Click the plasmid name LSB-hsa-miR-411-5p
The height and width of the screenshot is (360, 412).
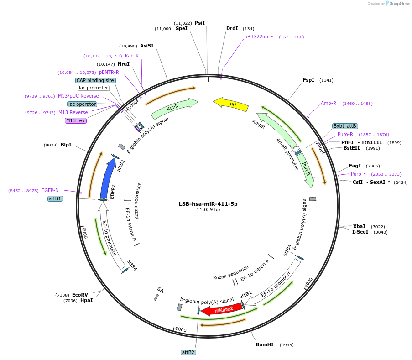point(208,204)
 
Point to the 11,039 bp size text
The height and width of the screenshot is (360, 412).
point(208,210)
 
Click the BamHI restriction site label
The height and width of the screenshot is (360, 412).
point(265,344)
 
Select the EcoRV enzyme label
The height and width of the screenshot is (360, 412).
point(80,295)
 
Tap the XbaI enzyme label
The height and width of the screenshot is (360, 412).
point(359,226)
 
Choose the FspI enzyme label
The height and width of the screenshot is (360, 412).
point(308,80)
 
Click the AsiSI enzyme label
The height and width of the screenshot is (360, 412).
point(146,46)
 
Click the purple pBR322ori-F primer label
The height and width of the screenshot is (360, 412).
point(259,37)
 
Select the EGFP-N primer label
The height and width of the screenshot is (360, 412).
point(50,190)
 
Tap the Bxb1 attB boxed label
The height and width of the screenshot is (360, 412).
point(345,126)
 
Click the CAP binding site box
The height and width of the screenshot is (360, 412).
point(95,80)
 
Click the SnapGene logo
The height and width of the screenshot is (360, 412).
point(397,4)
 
